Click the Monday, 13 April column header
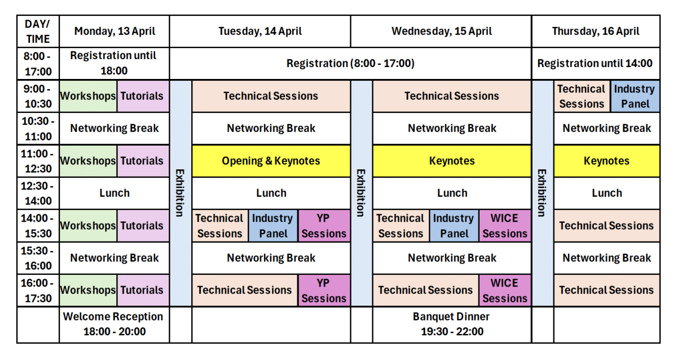pos(114,32)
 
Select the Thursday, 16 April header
pos(596,32)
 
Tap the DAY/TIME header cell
pos(38,32)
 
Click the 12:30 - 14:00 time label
pos(38,193)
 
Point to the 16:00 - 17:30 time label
pos(38,290)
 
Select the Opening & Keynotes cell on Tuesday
pos(271,161)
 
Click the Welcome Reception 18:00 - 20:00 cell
pos(114,324)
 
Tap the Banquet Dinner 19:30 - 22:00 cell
pos(452,324)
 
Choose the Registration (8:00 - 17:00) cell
pos(350,63)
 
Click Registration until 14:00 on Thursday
pos(596,63)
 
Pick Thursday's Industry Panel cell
pos(635,96)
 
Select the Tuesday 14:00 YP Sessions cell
pos(324,226)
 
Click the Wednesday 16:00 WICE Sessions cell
pos(505,290)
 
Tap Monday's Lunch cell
pos(114,193)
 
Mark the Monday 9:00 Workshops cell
pos(88,96)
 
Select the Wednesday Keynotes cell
pos(452,161)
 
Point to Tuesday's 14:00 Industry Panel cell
pos(272,226)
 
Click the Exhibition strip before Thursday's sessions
pos(542,193)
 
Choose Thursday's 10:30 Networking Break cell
pos(606,129)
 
